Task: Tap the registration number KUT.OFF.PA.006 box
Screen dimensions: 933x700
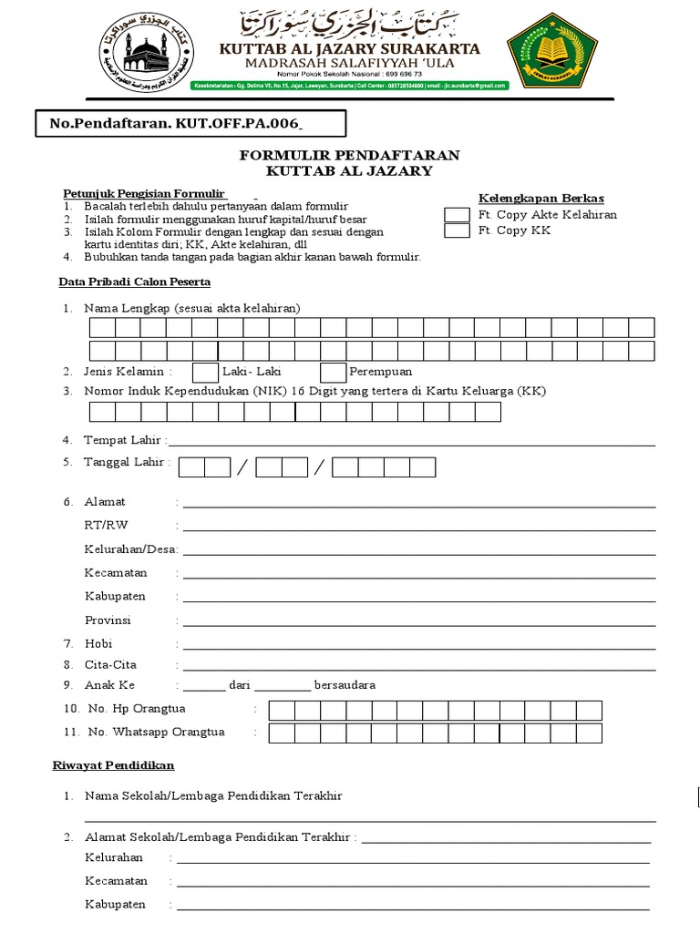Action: coord(177,124)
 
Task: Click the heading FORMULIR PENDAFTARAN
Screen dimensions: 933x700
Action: coord(349,155)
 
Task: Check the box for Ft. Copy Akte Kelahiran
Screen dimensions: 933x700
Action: coord(457,215)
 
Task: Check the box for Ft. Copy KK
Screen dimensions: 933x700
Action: coord(457,231)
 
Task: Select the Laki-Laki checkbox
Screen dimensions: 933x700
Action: coord(206,372)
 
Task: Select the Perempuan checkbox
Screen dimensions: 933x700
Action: coord(334,372)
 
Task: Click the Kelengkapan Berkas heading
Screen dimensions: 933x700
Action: coord(541,199)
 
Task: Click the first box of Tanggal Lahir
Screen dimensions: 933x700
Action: coord(191,467)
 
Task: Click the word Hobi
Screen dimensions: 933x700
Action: coord(98,643)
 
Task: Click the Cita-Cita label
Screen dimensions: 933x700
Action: coord(110,665)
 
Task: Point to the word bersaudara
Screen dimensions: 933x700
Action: coord(345,685)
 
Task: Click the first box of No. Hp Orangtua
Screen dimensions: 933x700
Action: coord(282,711)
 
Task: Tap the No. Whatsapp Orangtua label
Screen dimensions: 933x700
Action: coord(156,732)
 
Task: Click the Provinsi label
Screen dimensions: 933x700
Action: coord(108,620)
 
